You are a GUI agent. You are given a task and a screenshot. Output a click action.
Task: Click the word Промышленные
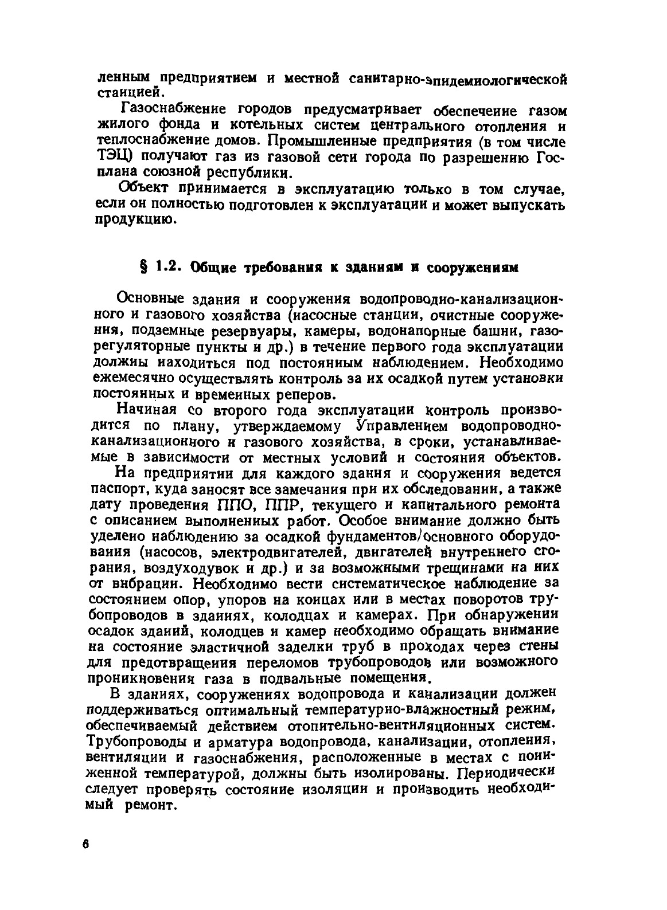pyautogui.click(x=322, y=140)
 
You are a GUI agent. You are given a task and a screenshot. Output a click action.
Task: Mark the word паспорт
pyautogui.click(x=114, y=490)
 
